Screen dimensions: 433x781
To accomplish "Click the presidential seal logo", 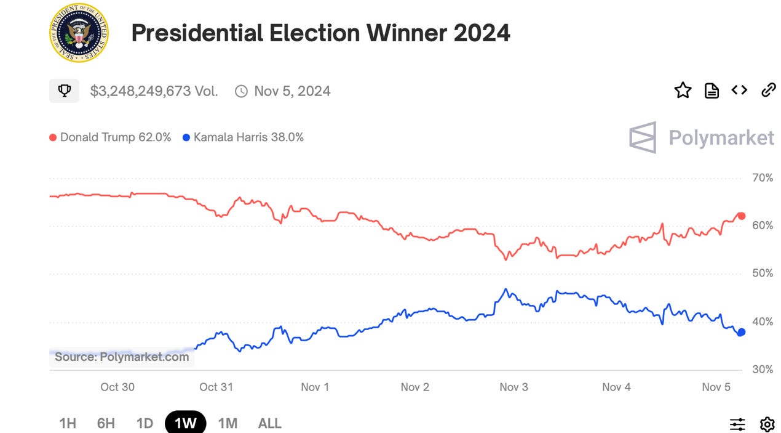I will (77, 33).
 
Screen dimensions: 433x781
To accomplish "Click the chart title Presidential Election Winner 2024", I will (320, 33).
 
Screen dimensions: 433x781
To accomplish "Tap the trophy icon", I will (64, 91).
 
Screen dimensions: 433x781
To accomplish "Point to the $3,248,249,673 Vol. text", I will (154, 91).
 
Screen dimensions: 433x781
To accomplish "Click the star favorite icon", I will (683, 91).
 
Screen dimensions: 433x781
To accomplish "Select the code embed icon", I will (739, 91).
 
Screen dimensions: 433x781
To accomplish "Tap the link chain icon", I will (768, 91).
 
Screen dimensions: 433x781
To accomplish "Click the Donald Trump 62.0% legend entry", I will (110, 137).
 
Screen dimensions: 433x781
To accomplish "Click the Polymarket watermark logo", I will (702, 137).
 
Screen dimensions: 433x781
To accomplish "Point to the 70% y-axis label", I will (762, 178).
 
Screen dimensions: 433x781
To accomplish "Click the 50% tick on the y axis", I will (762, 273).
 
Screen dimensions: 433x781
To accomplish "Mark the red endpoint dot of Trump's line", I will (741, 216).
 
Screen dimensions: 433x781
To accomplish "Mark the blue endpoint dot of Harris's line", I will (741, 332).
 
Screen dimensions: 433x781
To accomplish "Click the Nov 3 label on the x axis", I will (513, 387).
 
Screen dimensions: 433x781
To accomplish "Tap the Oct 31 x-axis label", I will (216, 387).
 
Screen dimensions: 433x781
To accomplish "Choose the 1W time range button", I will (185, 423).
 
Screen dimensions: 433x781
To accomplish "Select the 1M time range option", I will (228, 423).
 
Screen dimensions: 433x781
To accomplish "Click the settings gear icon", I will (767, 424).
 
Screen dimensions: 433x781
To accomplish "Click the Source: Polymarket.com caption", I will (122, 357).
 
